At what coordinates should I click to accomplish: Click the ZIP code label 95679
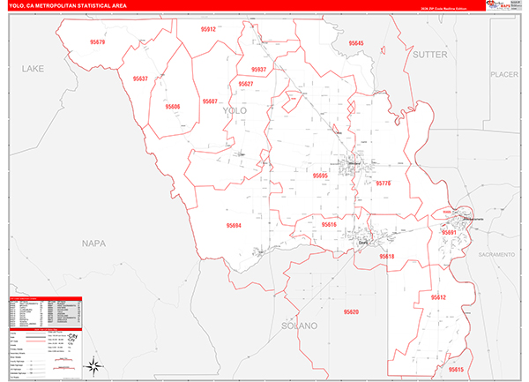click(x=98, y=42)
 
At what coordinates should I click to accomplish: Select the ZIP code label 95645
click(x=356, y=42)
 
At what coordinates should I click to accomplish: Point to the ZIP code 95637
click(x=140, y=79)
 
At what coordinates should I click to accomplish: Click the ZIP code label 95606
click(x=173, y=107)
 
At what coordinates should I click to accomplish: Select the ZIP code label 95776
click(x=384, y=184)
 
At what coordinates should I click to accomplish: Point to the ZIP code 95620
click(x=353, y=312)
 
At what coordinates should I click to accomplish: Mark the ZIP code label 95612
click(x=439, y=298)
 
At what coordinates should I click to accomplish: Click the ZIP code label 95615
click(x=455, y=369)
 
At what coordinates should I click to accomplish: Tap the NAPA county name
click(x=93, y=243)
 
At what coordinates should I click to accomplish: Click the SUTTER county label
click(x=431, y=55)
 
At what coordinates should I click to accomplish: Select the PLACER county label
click(x=505, y=75)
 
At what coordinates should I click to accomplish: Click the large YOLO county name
click(x=235, y=110)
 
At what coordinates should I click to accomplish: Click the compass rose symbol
click(x=91, y=366)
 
